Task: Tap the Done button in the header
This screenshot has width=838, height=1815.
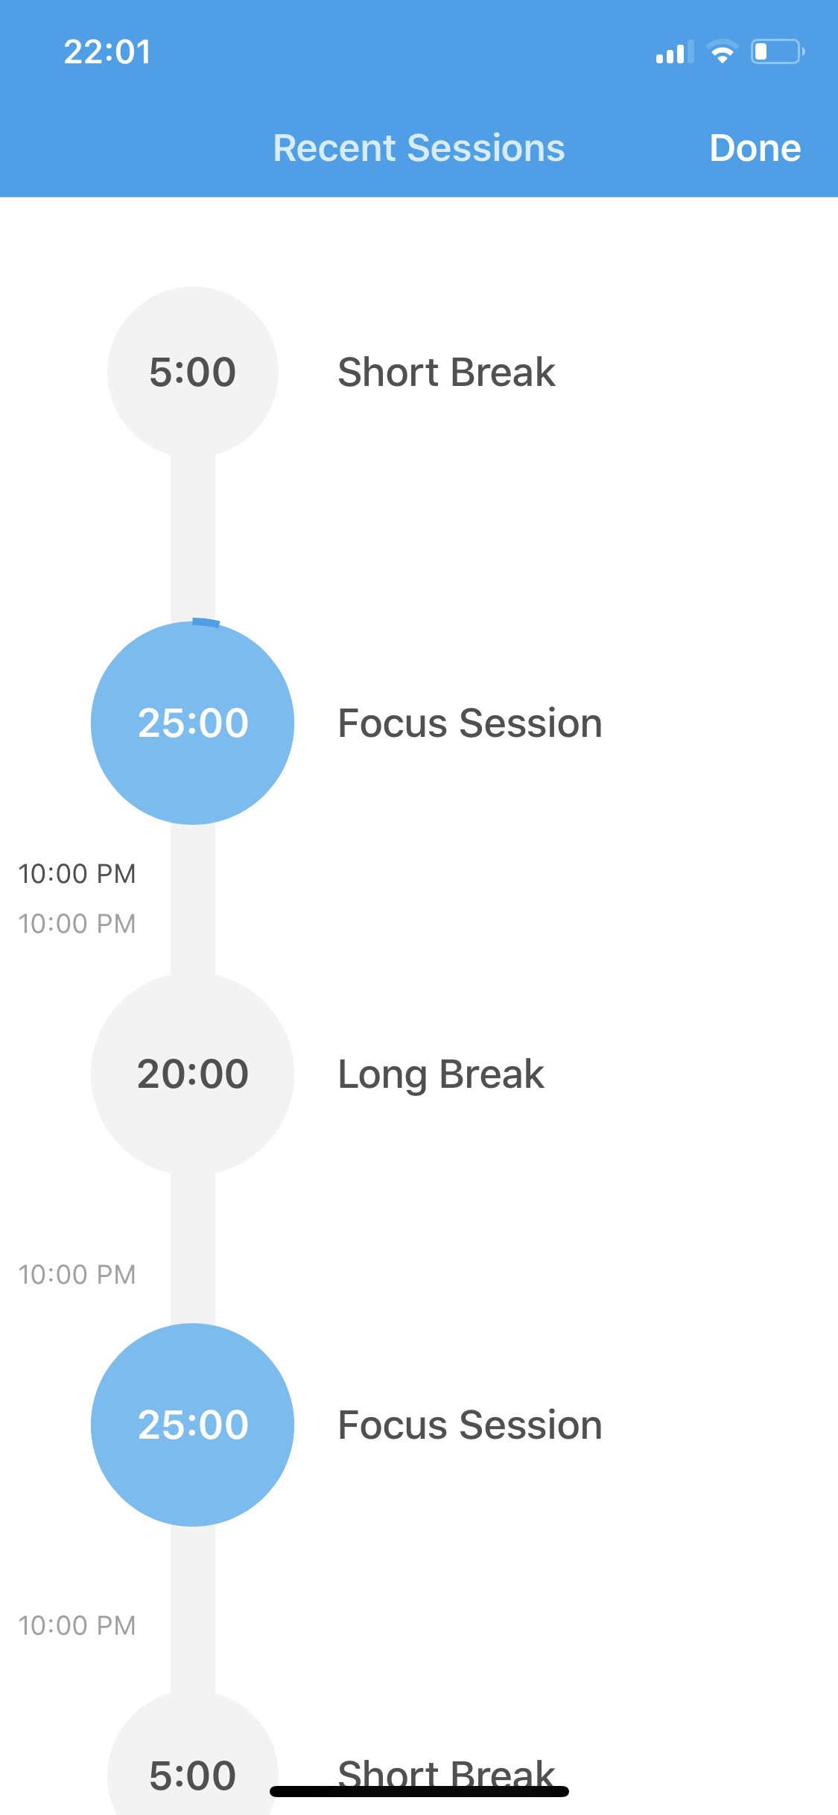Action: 755,148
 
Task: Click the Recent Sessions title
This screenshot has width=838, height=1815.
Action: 419,148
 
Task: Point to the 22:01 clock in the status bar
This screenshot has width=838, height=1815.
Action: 107,52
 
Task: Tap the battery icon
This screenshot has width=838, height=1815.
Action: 778,51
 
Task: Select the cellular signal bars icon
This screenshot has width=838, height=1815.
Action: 675,52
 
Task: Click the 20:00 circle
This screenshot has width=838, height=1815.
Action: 192,1074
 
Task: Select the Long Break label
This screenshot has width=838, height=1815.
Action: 441,1074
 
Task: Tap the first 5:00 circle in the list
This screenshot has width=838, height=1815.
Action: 192,372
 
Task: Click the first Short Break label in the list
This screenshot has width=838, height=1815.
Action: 446,372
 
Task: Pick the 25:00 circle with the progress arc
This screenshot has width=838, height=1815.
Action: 192,723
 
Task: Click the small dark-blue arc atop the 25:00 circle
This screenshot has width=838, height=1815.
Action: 206,622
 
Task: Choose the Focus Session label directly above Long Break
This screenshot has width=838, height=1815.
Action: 470,723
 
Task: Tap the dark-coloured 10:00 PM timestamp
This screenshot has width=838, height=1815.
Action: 77,873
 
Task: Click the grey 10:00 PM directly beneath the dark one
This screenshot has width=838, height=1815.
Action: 77,923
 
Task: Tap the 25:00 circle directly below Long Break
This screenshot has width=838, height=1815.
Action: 192,1425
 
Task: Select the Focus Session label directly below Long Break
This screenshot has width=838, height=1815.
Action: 470,1425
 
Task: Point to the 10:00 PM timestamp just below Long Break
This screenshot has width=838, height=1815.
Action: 77,1274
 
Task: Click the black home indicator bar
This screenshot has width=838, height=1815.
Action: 419,1791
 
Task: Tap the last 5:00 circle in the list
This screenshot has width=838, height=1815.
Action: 192,1766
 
